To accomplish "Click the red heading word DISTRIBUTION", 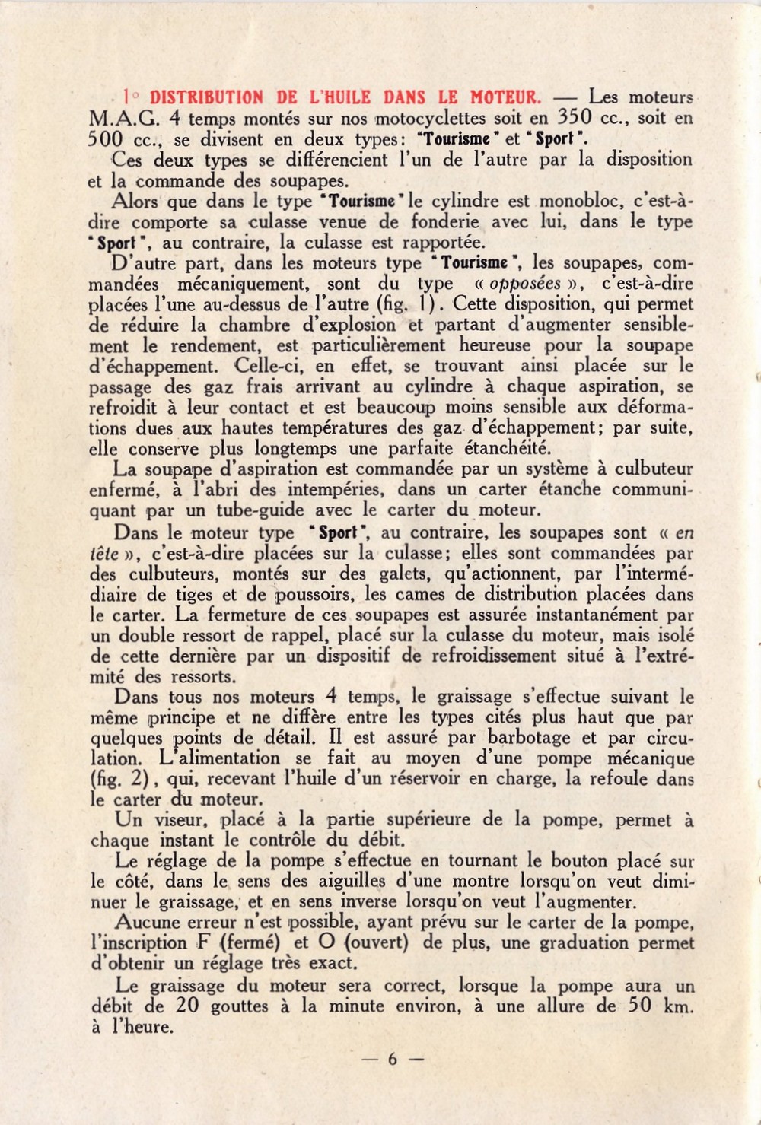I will (x=206, y=97).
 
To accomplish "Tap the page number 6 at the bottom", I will (x=392, y=1058).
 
